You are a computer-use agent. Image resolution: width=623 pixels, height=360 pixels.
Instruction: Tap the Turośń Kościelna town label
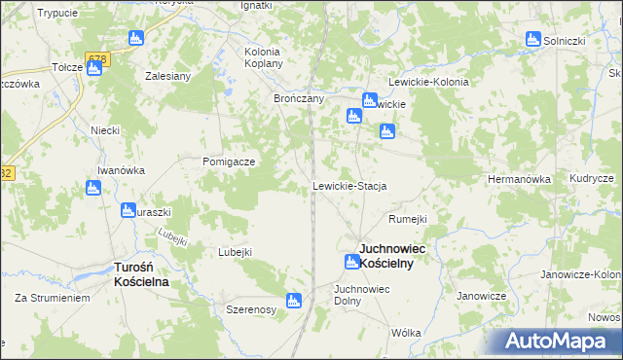click(141, 273)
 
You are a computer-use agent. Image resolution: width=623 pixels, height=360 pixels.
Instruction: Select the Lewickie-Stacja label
click(349, 185)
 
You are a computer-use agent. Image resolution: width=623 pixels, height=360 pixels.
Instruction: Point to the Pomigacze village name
click(229, 162)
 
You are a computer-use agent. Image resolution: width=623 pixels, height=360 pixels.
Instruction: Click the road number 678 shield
click(96, 59)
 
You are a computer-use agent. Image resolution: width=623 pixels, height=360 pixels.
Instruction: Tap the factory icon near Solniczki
click(532, 39)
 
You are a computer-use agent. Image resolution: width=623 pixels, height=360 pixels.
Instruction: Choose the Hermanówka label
click(519, 179)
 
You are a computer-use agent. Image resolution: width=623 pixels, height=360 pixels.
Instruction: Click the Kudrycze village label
click(592, 179)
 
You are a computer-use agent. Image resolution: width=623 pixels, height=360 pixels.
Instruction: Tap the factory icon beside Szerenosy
click(294, 301)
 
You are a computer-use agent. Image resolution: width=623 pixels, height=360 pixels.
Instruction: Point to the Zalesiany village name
click(167, 75)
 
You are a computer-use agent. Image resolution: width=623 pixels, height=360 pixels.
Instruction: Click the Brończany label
click(298, 98)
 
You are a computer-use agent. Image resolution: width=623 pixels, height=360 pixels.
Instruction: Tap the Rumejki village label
click(408, 219)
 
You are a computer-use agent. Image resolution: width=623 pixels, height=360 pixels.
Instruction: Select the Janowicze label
click(482, 295)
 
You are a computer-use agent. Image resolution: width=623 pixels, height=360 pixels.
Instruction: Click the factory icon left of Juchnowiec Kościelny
click(351, 261)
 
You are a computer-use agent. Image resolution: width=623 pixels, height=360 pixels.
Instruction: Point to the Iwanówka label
click(121, 169)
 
